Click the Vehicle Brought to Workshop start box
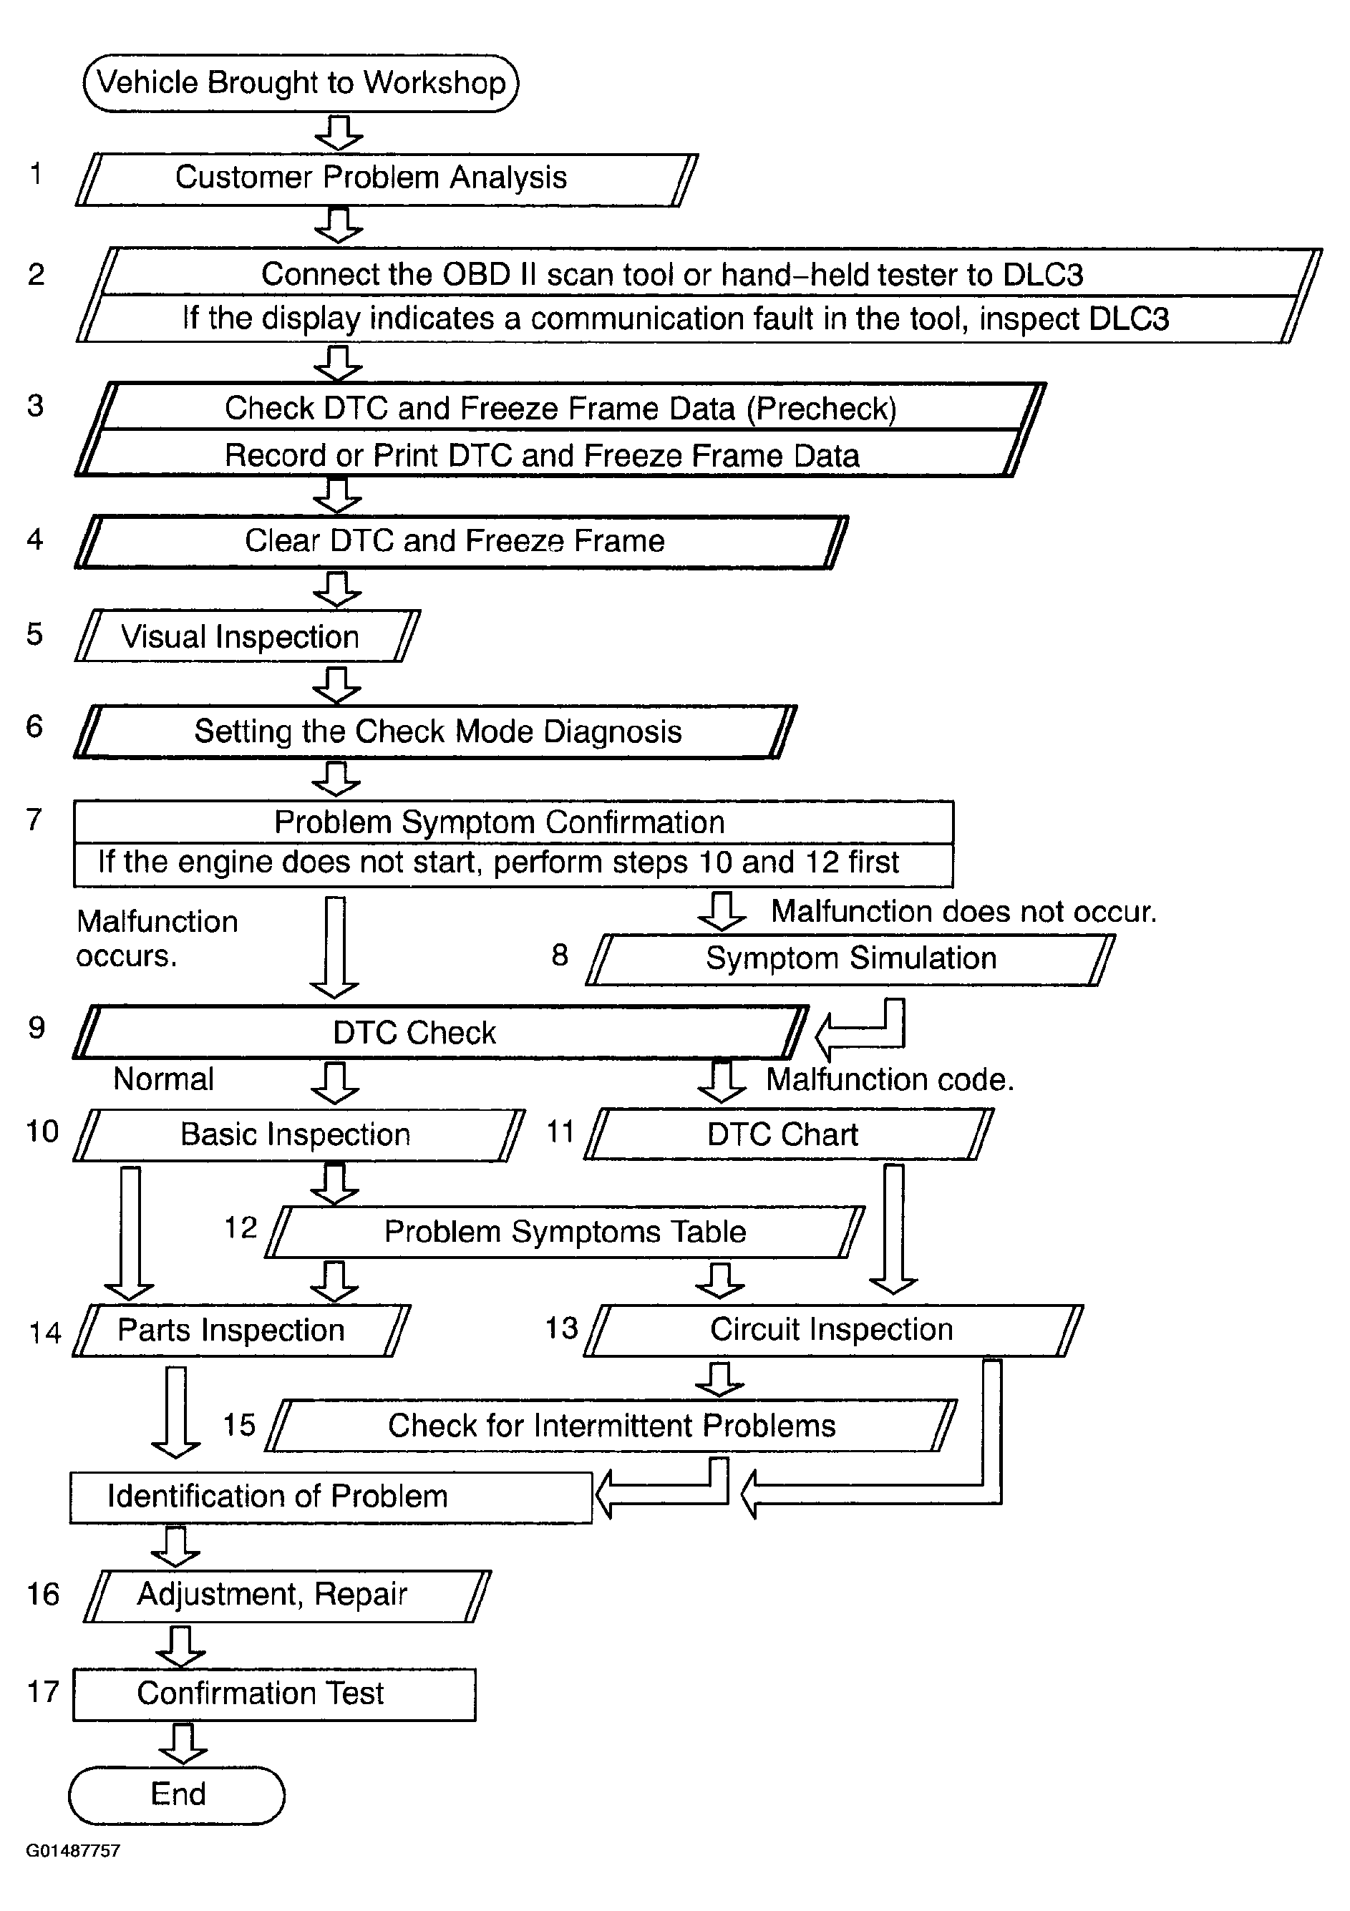(x=301, y=83)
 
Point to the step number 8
(x=559, y=955)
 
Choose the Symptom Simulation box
(x=850, y=959)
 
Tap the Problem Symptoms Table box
(x=565, y=1232)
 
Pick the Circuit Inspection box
(x=832, y=1330)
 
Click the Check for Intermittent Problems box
(x=612, y=1426)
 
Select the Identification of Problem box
(x=331, y=1497)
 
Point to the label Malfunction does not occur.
(x=963, y=911)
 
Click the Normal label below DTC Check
(x=163, y=1079)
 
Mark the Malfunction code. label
(x=890, y=1079)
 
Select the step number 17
(x=43, y=1692)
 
